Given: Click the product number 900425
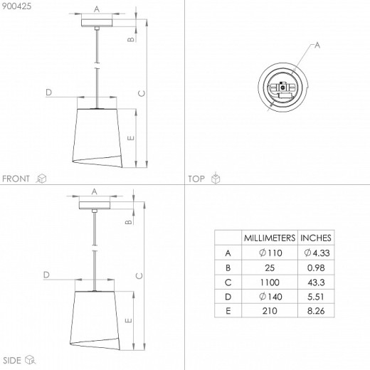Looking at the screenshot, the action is click(x=16, y=6).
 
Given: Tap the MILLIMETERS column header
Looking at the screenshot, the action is click(x=270, y=238).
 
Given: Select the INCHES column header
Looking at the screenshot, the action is click(x=316, y=238).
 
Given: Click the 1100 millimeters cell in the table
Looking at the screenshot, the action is click(x=270, y=282).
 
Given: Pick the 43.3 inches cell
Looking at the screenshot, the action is click(x=316, y=282).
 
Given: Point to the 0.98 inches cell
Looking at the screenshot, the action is click(x=316, y=268).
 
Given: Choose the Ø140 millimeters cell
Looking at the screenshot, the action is click(x=270, y=297).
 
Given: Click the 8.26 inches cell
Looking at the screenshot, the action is click(x=316, y=311).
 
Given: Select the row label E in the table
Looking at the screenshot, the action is click(x=228, y=311).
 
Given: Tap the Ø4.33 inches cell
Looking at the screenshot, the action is click(x=317, y=253).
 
